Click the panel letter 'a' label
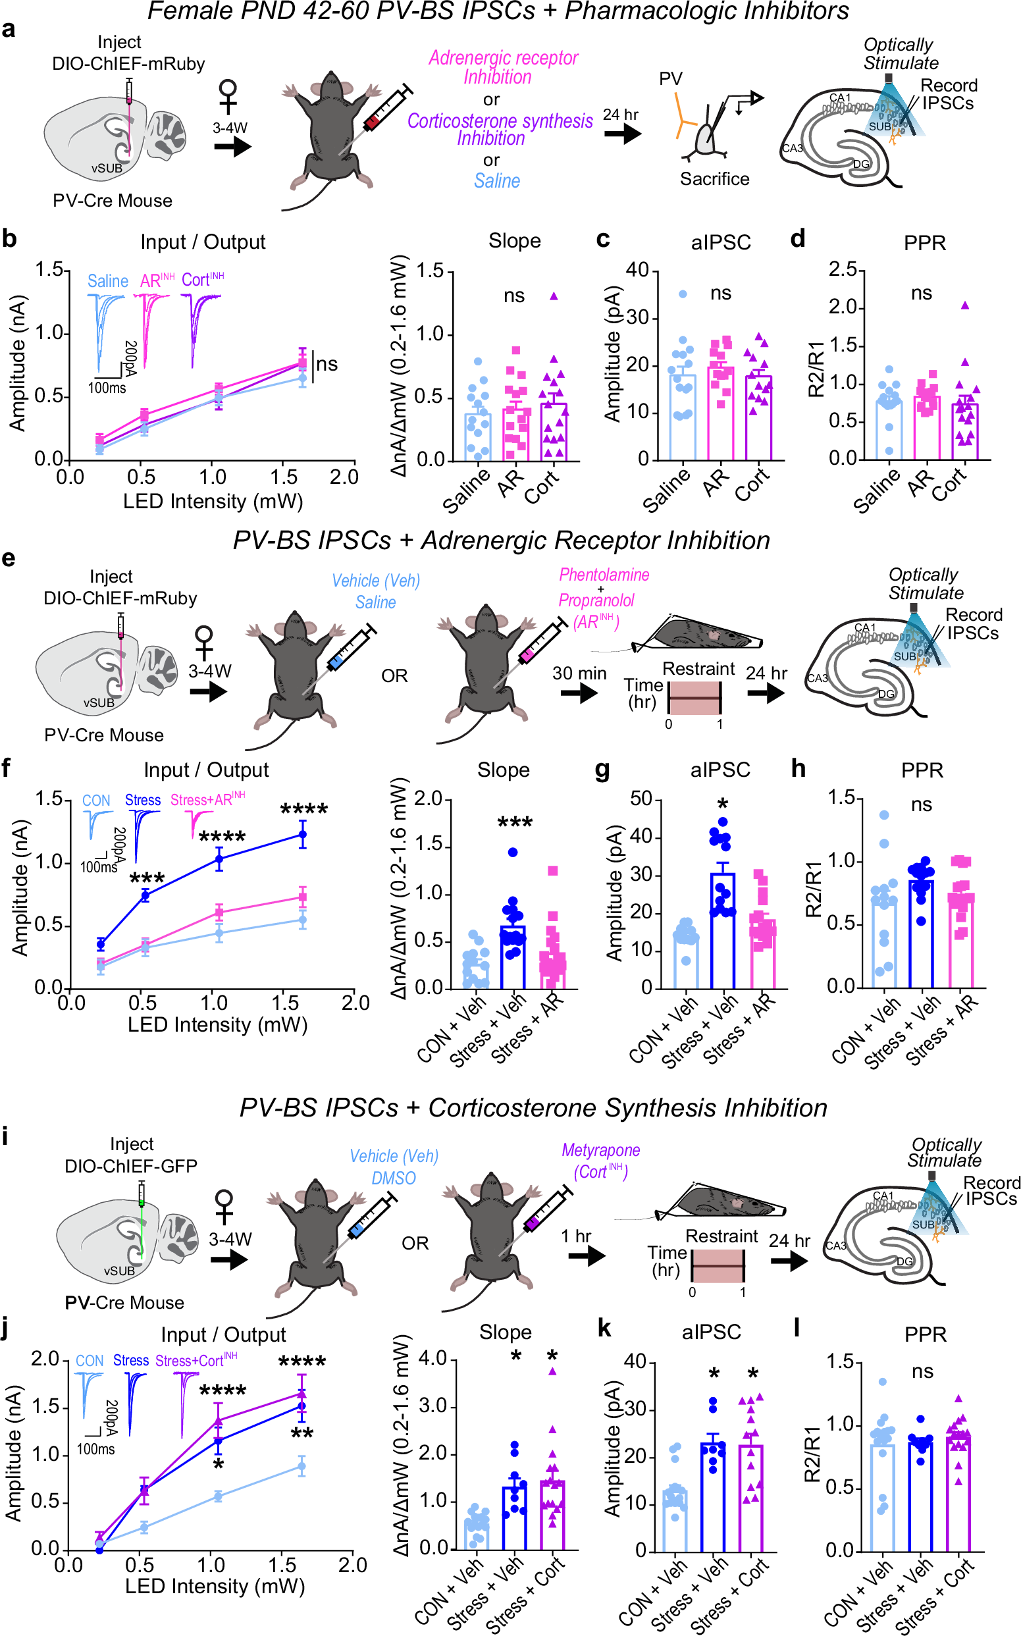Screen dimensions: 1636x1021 (8, 29)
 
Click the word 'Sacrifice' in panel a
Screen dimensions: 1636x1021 (714, 179)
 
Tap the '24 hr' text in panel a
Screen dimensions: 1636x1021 (620, 114)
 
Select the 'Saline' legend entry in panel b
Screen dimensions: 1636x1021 (108, 281)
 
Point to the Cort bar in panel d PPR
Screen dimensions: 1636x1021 (964, 432)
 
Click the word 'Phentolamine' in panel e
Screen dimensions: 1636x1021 (604, 575)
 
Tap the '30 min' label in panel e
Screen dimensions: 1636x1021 (579, 673)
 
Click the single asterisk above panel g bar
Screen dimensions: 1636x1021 (723, 804)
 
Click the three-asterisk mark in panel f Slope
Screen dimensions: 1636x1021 (515, 822)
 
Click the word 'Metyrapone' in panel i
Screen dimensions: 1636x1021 (600, 1150)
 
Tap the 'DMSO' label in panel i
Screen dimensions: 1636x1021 (393, 1178)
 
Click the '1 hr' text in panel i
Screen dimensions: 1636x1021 (575, 1236)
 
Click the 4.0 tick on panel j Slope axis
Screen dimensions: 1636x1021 (432, 1358)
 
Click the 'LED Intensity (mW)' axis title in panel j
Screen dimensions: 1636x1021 (215, 1586)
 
